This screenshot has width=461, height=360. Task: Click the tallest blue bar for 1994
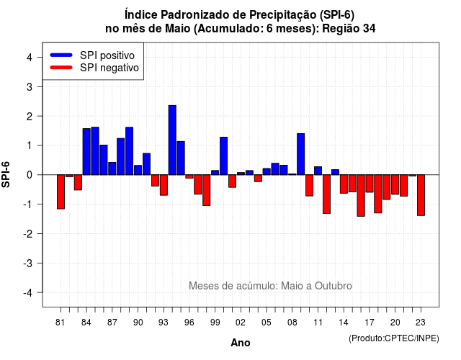172,140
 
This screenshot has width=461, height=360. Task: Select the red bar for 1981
61,192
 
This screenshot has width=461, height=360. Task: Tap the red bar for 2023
421,195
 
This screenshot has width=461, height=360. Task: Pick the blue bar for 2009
301,154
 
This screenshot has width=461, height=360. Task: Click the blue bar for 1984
86,152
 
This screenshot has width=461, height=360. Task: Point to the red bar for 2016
361,196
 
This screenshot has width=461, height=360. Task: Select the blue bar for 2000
224,156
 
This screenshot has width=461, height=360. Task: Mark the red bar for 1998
207,190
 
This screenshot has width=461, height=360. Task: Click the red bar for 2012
326,194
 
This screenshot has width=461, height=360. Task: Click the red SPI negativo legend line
61,68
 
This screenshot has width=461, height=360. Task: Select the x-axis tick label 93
164,323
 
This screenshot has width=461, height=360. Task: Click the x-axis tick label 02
241,323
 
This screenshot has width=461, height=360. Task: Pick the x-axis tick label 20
395,323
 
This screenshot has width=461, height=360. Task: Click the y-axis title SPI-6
6,174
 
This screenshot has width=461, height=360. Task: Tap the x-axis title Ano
241,343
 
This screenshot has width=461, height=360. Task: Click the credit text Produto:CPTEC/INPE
394,338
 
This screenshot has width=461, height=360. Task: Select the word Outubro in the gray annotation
334,286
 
